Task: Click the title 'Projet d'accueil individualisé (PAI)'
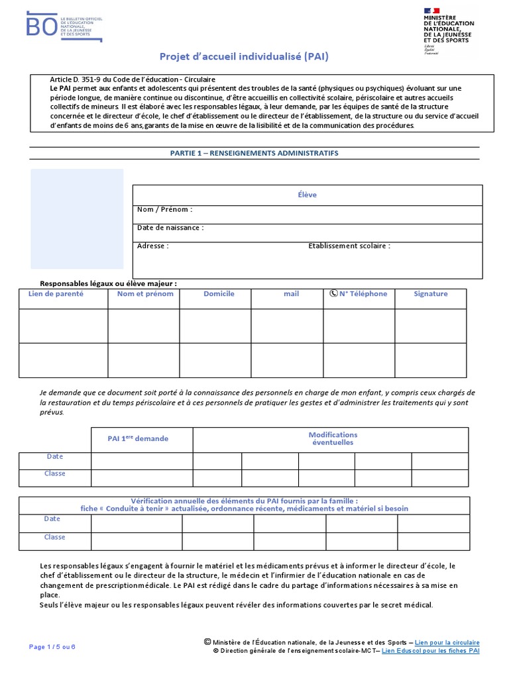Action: click(244, 57)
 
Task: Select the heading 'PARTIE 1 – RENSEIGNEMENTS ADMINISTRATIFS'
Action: click(254, 153)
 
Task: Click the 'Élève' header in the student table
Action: click(308, 195)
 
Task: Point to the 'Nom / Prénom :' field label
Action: click(164, 209)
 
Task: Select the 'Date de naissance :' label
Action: click(170, 228)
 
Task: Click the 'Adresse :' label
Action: click(153, 246)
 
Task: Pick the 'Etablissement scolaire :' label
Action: click(349, 246)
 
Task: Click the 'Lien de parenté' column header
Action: click(56, 293)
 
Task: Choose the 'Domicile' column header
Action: click(219, 293)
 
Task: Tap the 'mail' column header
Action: click(291, 294)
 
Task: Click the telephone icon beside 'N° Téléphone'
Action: click(333, 293)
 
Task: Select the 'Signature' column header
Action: click(431, 293)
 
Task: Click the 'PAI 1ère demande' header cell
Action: click(138, 438)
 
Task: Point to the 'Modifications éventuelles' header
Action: click(333, 438)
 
